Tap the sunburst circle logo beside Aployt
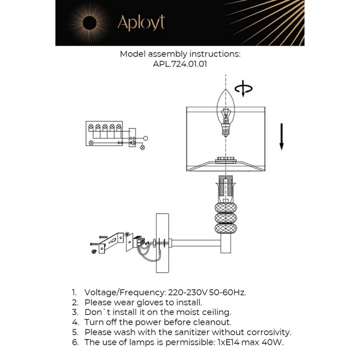90,23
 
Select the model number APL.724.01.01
180,64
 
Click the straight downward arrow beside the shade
281,137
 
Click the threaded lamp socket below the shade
226,188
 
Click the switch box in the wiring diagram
132,138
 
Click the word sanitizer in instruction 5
192,332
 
